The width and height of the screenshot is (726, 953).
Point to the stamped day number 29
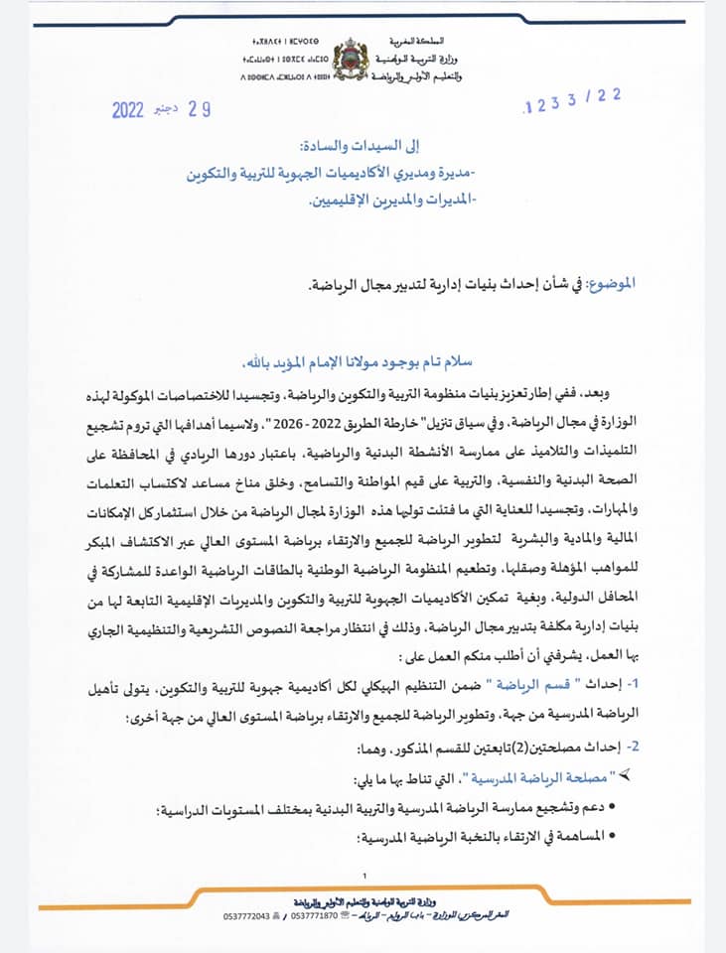coord(201,109)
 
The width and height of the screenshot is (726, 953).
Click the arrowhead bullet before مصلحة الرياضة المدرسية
coord(624,774)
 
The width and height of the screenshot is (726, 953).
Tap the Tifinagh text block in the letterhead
coord(282,58)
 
